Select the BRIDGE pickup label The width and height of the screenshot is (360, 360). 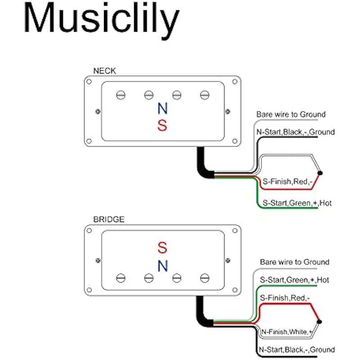(x=108, y=220)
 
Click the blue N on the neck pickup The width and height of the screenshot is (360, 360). (x=162, y=109)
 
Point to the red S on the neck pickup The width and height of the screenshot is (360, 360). (x=162, y=126)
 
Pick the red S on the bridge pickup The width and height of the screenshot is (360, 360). (x=162, y=247)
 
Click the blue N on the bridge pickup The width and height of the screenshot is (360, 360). (x=162, y=266)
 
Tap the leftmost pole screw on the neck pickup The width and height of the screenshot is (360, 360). (x=121, y=94)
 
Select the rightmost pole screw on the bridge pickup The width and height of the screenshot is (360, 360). (x=205, y=278)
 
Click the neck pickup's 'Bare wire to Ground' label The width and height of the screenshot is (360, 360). (x=291, y=115)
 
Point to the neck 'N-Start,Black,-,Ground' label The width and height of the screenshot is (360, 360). (x=295, y=132)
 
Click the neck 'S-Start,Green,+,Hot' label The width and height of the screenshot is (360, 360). (x=297, y=203)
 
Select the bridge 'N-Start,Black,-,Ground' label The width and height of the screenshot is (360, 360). (x=297, y=349)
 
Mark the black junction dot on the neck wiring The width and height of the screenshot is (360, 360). (x=320, y=173)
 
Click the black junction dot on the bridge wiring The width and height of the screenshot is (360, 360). (x=319, y=321)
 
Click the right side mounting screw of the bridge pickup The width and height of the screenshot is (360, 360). (x=227, y=260)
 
